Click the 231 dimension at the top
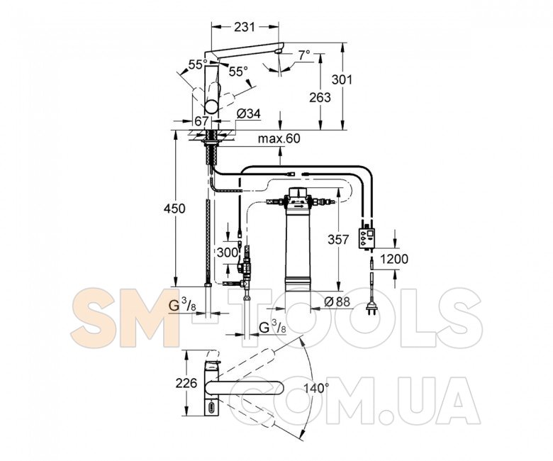coord(244,27)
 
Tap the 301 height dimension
coord(342,79)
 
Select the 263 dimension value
coord(320,97)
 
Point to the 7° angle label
coord(304,55)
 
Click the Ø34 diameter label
coord(248,113)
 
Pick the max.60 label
coord(279,138)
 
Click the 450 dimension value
coord(174,208)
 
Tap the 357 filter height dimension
coord(338,240)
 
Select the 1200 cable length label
coord(394,259)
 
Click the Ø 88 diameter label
coord(337,301)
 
